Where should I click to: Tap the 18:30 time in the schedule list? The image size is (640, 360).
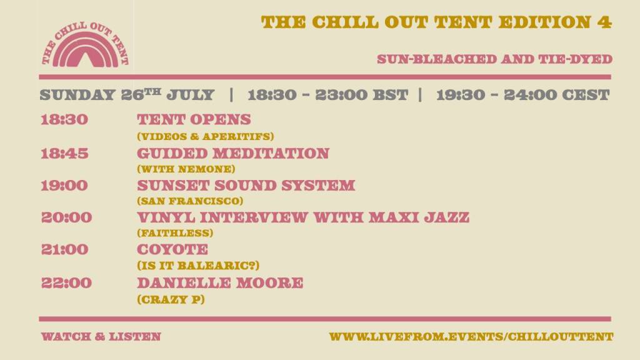coord(64,119)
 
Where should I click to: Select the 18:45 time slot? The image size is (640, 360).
coord(64,154)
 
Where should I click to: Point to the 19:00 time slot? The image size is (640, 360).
coord(64,186)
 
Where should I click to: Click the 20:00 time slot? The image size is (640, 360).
coord(66,217)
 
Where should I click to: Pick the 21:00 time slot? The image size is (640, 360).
coord(64,249)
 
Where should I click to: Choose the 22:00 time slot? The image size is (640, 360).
coord(66,283)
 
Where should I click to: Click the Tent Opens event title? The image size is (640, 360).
coord(194,119)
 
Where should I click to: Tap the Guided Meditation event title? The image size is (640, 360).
coord(233,154)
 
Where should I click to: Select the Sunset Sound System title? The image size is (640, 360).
coord(246,185)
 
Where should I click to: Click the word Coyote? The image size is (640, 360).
coord(172,249)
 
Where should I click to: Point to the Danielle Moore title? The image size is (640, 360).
coord(220,283)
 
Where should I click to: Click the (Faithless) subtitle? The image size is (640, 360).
coord(175,233)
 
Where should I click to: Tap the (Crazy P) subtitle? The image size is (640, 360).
coord(171,299)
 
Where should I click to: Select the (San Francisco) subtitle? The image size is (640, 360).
coord(190,201)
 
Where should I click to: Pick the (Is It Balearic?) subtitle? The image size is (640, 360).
coord(198,266)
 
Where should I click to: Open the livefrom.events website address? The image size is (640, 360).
coord(471,337)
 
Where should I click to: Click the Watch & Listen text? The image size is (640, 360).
coord(101,337)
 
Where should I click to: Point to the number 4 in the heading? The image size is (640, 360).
coord(604,22)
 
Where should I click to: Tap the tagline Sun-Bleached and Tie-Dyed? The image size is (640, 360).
coord(495,59)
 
